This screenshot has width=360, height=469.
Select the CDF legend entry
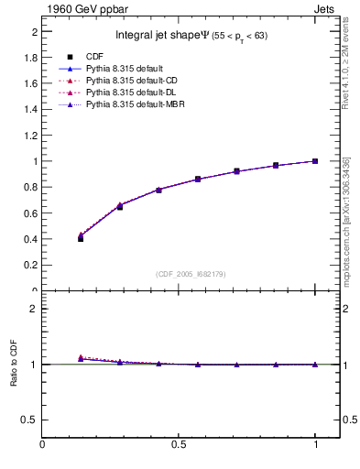click(x=93, y=57)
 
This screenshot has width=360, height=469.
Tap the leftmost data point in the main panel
click(x=81, y=238)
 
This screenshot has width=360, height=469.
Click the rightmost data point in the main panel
click(x=315, y=161)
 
